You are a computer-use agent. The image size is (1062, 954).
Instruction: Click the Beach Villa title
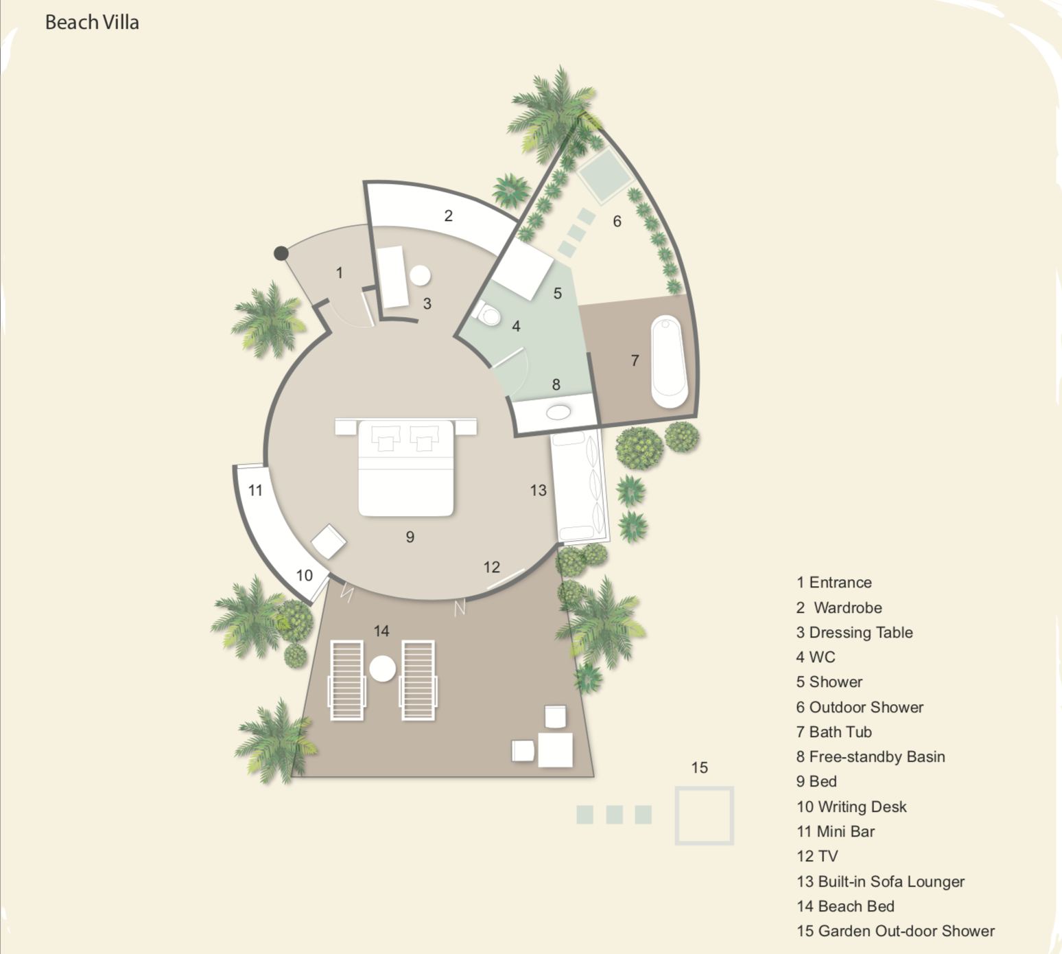click(92, 23)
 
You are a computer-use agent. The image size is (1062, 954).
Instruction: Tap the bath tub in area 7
click(669, 362)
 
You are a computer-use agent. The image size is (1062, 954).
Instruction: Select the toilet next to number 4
click(487, 313)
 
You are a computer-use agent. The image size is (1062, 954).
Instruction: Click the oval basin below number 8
click(558, 412)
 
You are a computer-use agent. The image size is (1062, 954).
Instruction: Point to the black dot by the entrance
click(281, 253)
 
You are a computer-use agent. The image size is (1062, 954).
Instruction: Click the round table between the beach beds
click(383, 668)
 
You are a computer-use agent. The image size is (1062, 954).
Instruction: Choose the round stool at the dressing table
click(420, 275)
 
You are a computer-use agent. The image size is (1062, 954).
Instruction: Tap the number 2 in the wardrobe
click(448, 216)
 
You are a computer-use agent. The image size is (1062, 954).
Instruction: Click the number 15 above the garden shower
click(699, 768)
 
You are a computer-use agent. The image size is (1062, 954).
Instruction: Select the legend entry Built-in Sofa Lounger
click(881, 882)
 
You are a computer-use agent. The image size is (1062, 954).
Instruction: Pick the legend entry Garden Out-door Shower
click(895, 931)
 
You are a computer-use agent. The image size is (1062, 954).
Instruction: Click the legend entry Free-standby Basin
click(871, 757)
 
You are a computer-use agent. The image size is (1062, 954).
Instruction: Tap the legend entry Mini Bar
click(836, 832)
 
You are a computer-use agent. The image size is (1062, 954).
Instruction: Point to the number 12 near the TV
click(491, 567)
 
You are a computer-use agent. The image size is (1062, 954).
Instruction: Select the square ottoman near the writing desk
click(329, 542)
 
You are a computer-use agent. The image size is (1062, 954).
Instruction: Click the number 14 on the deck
click(381, 631)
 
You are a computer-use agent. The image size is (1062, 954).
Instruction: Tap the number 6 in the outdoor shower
click(617, 221)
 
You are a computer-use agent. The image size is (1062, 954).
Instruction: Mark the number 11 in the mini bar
click(255, 490)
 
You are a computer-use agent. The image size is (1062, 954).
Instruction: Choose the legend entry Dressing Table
click(854, 633)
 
